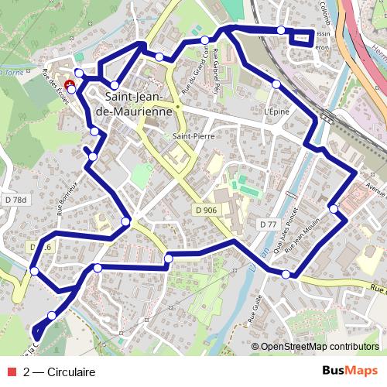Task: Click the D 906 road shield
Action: tap(205, 210)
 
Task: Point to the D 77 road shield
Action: tap(269, 224)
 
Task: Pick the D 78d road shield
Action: tap(14, 200)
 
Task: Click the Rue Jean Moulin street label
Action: tap(300, 235)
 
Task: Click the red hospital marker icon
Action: tap(70, 84)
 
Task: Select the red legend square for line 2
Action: tap(13, 372)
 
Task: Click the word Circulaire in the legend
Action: tap(71, 372)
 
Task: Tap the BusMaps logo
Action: tap(349, 372)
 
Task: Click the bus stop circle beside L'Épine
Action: tap(276, 84)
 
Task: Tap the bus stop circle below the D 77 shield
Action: tap(286, 275)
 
